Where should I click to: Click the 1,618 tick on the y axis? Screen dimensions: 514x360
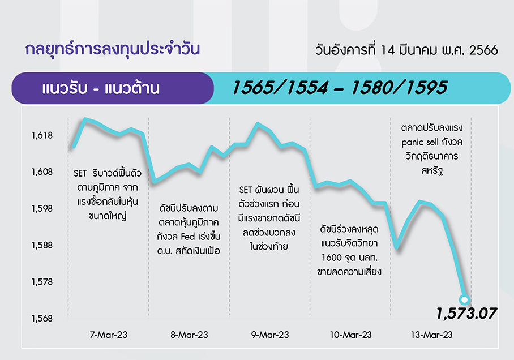(42, 135)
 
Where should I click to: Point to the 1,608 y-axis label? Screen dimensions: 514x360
(42, 172)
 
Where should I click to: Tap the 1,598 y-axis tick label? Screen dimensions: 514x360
(42, 208)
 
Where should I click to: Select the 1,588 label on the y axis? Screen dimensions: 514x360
(42, 245)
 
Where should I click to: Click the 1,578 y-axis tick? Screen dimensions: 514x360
(42, 282)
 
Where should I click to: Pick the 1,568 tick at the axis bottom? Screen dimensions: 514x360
(42, 318)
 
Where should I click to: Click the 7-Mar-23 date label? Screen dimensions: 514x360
(109, 335)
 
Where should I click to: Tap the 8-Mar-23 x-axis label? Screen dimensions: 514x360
(189, 335)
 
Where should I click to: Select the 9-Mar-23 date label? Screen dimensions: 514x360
(270, 335)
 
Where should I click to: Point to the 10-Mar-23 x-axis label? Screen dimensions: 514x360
(351, 335)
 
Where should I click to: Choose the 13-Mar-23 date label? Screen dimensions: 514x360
(432, 335)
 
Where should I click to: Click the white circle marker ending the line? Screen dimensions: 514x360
(465, 299)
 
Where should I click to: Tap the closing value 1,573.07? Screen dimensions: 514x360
(466, 314)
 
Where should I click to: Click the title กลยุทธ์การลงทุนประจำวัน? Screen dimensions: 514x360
(113, 49)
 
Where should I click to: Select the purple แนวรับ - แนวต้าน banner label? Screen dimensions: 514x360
(101, 88)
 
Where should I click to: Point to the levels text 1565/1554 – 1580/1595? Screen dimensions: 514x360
(340, 88)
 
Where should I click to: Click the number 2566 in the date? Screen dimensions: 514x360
(483, 50)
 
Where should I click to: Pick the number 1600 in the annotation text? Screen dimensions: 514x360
(331, 258)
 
